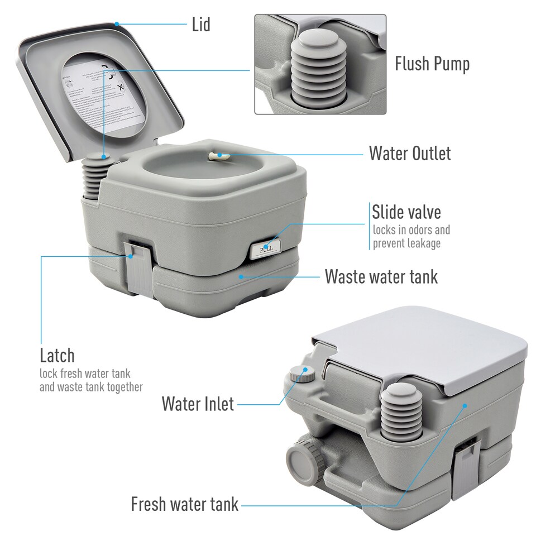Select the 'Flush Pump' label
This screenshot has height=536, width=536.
[432, 64]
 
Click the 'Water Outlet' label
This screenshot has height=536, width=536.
[409, 154]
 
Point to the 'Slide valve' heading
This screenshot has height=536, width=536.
[406, 212]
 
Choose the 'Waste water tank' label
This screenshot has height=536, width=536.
[381, 276]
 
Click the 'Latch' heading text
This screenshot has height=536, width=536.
[57, 355]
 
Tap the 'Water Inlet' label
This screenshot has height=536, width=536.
[198, 404]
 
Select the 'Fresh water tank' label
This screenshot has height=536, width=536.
[184, 504]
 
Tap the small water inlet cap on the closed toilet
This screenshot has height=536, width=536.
[302, 374]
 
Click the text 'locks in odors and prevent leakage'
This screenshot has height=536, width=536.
[411, 237]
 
